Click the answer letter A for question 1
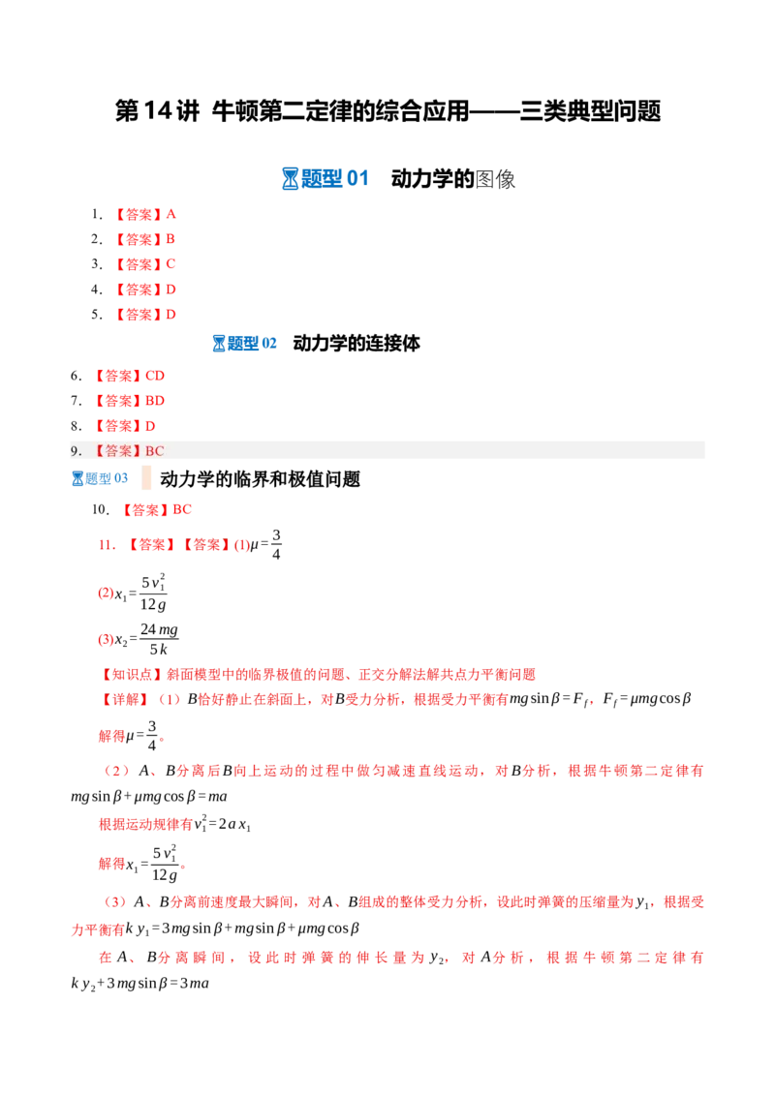tap(170, 214)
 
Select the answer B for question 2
tap(170, 239)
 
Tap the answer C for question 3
tap(170, 264)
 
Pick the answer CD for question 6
tap(155, 376)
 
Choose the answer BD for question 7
tap(155, 401)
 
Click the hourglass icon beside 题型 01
tap(290, 179)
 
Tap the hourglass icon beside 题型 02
tap(219, 343)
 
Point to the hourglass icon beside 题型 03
tap(77, 479)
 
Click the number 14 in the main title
tap(157, 111)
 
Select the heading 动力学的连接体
tap(356, 343)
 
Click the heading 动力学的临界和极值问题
tap(260, 479)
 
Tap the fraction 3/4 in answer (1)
tap(276, 544)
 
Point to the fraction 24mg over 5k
tap(159, 640)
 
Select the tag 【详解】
tap(125, 699)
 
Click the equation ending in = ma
tap(149, 796)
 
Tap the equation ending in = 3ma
tap(139, 984)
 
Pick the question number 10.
tap(100, 509)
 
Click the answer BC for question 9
tap(155, 451)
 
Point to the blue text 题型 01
tap(335, 179)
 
